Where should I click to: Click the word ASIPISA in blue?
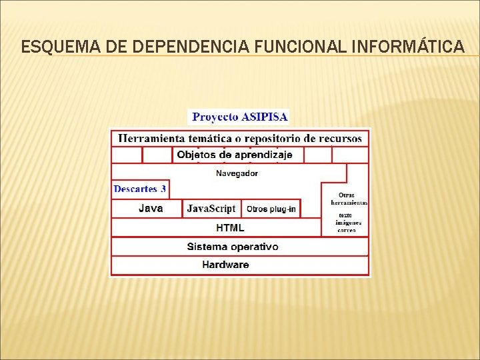pos(265,117)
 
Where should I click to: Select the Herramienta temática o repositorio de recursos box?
pos(240,138)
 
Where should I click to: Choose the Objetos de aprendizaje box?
pos(235,155)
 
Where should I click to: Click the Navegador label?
pos(237,173)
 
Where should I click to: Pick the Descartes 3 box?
pos(140,189)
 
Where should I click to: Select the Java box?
pos(150,208)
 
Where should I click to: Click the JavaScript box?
pos(211,209)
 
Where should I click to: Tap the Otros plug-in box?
pos(271,209)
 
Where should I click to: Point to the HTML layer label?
pos(230,227)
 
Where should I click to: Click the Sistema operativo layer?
pos(233,247)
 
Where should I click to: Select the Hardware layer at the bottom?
pos(225,265)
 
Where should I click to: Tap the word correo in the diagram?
pos(347,230)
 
